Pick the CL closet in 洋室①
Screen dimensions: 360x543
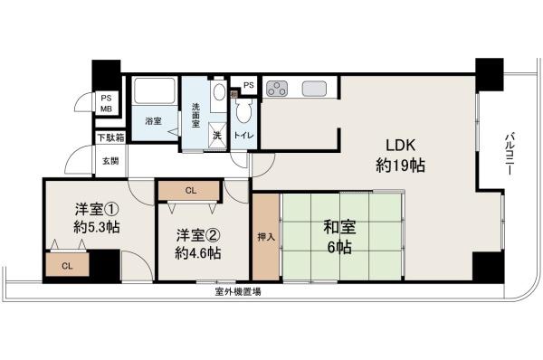coord(67,266)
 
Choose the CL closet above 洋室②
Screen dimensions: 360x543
coord(190,190)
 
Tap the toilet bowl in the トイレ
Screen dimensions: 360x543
coord(243,113)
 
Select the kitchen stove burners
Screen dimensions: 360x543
coord(277,89)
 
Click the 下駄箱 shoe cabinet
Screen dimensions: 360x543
coord(111,138)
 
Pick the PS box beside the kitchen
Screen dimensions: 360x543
coord(249,86)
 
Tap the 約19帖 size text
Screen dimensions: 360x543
coord(395,166)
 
